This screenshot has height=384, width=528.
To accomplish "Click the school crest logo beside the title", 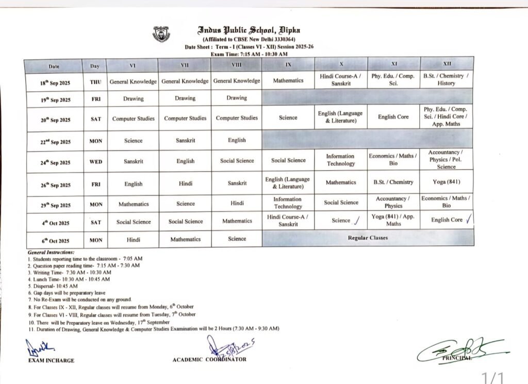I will [162, 34].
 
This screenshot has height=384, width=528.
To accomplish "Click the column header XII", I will [447, 64].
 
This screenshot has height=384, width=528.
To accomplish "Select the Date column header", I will [54, 66].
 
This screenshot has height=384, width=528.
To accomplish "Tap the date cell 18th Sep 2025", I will [56, 83].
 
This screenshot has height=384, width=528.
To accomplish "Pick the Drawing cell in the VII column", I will [185, 98].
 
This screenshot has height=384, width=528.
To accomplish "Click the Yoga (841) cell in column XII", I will [447, 182].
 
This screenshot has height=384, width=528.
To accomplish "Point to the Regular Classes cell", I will [368, 238].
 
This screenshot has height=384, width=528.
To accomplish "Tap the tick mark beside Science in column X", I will [356, 221].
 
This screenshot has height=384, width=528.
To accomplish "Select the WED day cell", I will [96, 162].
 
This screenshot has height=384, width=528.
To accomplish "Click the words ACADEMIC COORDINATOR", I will [209, 359].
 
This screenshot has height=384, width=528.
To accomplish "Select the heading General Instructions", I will [51, 252].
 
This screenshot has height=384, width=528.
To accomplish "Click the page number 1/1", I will [492, 377].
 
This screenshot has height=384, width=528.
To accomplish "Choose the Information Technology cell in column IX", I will [288, 203].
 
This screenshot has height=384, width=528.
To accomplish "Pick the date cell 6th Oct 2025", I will [56, 241].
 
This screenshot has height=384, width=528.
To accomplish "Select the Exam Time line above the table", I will [249, 54].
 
